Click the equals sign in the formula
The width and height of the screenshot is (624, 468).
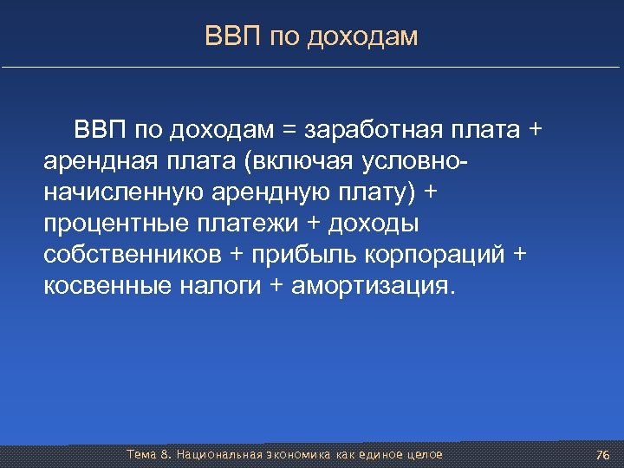click(x=288, y=130)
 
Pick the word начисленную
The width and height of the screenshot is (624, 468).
click(x=119, y=192)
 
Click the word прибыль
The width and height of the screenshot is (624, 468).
click(x=299, y=255)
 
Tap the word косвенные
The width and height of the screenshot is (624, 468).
click(x=105, y=286)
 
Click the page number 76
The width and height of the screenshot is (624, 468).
click(x=603, y=455)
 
